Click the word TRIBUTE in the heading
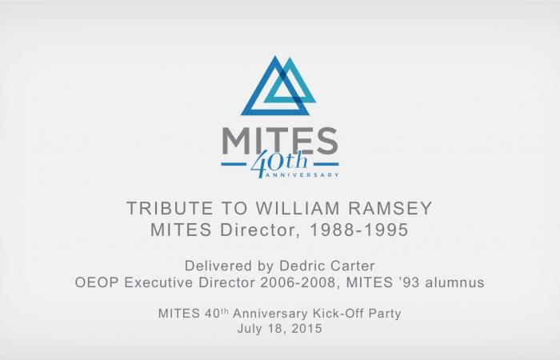coord(170,208)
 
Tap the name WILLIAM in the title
coord(298,208)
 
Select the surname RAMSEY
coord(390,208)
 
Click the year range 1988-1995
coord(358,230)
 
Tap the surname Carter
coord(353,266)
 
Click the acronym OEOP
coord(97,282)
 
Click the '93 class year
coord(409,282)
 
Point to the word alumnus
coord(454,282)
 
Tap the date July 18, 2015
coord(280,328)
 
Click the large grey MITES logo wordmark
coord(280,141)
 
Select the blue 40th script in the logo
coord(278,163)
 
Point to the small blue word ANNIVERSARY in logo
coord(302,175)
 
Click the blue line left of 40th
coord(234,164)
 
